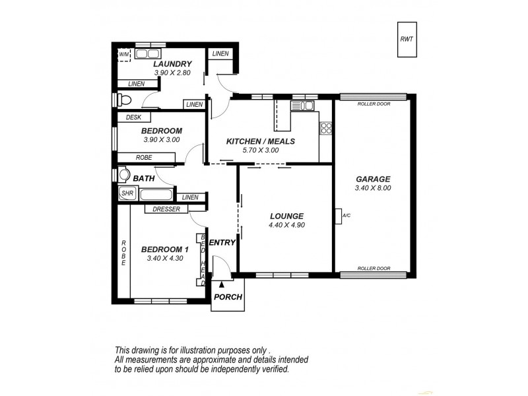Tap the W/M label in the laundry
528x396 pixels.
pyautogui.click(x=123, y=54)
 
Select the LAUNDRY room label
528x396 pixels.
pyautogui.click(x=172, y=63)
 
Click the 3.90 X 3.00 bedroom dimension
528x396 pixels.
pyautogui.click(x=162, y=140)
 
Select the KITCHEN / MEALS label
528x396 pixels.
pyautogui.click(x=260, y=141)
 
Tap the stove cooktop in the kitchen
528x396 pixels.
pyautogui.click(x=325, y=128)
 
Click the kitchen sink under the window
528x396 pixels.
pyautogui.click(x=304, y=105)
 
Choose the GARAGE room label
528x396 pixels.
pyautogui.click(x=373, y=178)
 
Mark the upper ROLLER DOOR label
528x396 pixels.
pyautogui.click(x=373, y=104)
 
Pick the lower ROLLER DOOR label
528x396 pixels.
pyautogui.click(x=373, y=269)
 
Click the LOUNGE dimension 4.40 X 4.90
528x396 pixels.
pyautogui.click(x=286, y=225)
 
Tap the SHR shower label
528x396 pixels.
pyautogui.click(x=127, y=194)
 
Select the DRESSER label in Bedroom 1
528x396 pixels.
pyautogui.click(x=166, y=210)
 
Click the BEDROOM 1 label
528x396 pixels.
pyautogui.click(x=165, y=249)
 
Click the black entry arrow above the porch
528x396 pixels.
pyautogui.click(x=213, y=284)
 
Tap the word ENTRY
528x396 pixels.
pyautogui.click(x=222, y=243)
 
